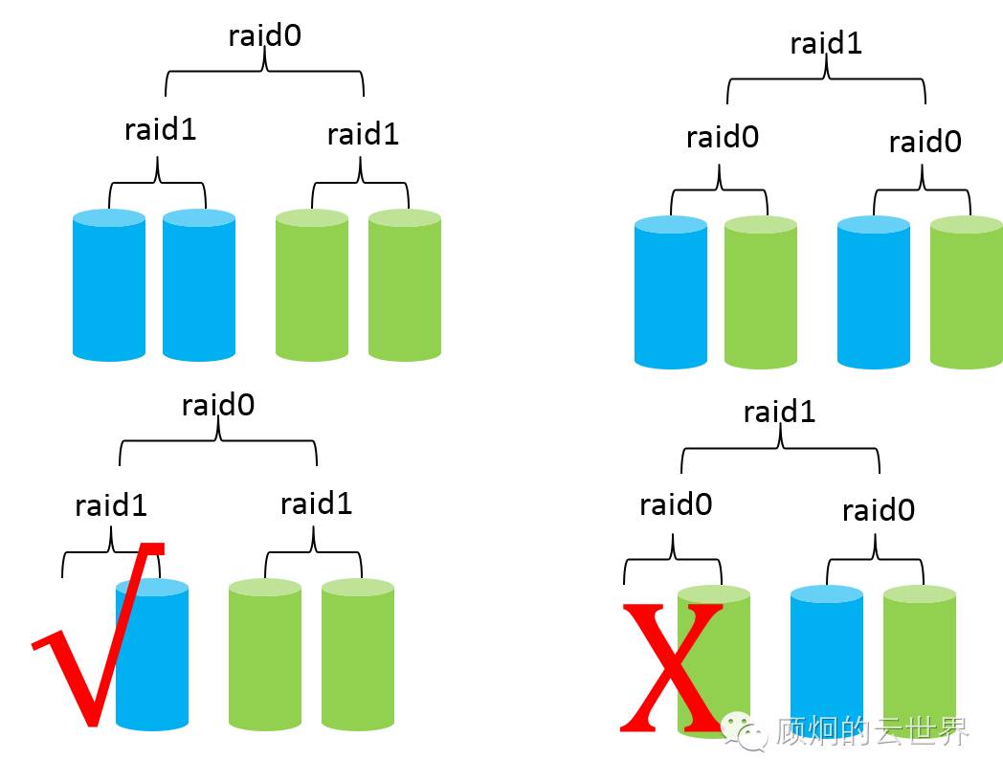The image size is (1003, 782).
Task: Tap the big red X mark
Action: [x=671, y=666]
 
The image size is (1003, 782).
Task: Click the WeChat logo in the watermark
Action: [x=745, y=731]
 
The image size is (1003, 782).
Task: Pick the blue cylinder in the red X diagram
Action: [x=827, y=660]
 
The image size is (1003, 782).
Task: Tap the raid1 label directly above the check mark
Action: [x=111, y=504]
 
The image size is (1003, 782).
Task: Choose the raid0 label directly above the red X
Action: [x=676, y=503]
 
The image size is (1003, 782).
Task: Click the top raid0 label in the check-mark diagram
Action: [x=218, y=405]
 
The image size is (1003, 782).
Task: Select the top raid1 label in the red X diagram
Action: [x=779, y=412]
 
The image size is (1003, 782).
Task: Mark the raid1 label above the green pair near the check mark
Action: [x=316, y=503]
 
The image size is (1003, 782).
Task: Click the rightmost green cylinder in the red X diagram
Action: [x=919, y=660]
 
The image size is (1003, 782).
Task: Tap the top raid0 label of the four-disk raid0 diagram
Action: [x=265, y=35]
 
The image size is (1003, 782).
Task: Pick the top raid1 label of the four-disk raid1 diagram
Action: [x=826, y=43]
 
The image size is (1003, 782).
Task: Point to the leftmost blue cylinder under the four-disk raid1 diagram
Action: [x=670, y=293]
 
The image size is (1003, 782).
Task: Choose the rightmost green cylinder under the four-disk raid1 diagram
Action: [x=966, y=293]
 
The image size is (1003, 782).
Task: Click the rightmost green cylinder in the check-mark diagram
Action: [x=358, y=655]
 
